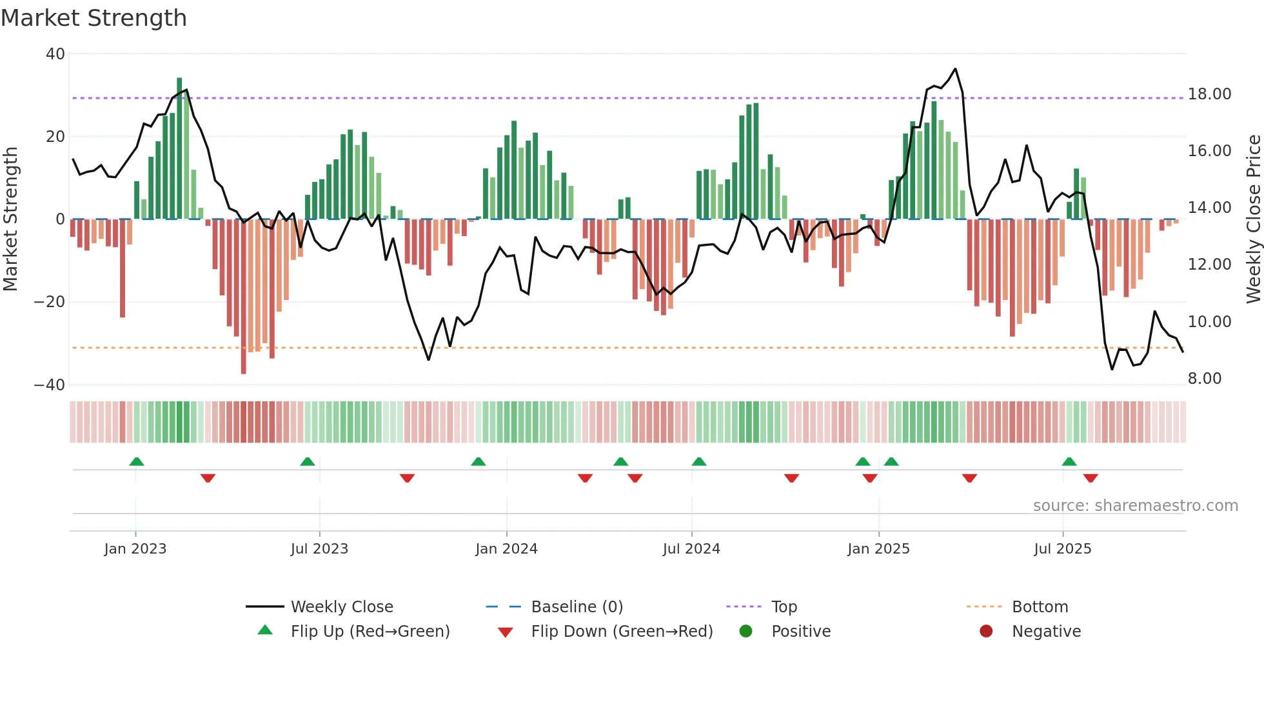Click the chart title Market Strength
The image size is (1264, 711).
click(x=94, y=18)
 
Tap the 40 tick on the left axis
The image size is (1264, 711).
click(x=55, y=54)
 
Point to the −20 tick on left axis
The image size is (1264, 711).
click(x=50, y=302)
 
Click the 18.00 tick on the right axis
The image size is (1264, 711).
click(x=1209, y=94)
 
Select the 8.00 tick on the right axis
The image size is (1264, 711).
click(x=1204, y=379)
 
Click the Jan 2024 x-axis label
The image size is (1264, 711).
click(x=506, y=549)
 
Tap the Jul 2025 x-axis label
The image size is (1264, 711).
click(x=1062, y=549)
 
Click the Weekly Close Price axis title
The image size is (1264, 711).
click(x=1253, y=219)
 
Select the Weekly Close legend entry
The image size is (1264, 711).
click(x=341, y=607)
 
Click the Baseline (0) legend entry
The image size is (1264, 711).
click(x=577, y=607)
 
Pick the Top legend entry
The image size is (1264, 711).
click(x=784, y=607)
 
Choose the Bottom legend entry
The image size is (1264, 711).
click(x=1040, y=607)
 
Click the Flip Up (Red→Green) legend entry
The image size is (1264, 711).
click(x=370, y=632)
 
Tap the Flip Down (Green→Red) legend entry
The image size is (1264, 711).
click(x=622, y=632)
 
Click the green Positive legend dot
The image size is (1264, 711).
click(x=746, y=632)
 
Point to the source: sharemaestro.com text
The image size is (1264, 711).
click(x=1135, y=506)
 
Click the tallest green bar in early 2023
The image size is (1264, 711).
click(x=179, y=148)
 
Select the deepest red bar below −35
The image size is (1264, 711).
click(x=243, y=297)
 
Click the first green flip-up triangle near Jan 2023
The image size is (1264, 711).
click(x=137, y=462)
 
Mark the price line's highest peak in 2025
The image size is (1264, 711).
click(x=955, y=69)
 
